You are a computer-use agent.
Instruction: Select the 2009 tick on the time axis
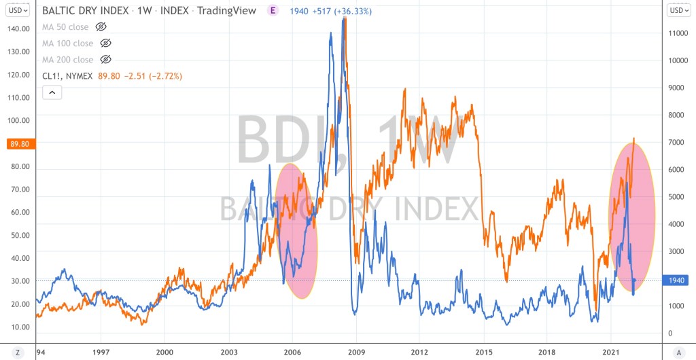point(356,352)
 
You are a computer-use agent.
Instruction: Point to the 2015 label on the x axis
point(483,352)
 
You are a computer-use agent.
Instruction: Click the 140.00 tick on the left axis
point(18,29)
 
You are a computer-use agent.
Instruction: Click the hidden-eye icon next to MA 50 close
point(101,26)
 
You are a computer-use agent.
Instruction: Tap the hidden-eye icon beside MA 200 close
point(105,59)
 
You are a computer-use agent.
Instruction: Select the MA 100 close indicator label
point(68,43)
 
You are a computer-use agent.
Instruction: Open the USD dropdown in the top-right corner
point(678,10)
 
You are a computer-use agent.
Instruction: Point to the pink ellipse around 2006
point(297,231)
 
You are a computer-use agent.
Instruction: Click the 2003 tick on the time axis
point(228,352)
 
